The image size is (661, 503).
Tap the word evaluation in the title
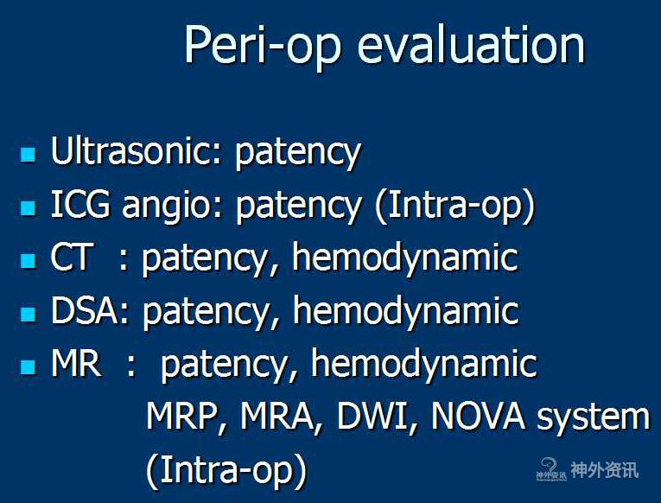[471, 43]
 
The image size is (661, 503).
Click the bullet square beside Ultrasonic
[29, 155]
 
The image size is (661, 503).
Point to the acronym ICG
[80, 204]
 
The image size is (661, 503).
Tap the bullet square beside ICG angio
[29, 207]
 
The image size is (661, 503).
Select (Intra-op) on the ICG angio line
[454, 207]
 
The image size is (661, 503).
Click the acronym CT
[71, 257]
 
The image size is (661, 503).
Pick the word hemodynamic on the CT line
[405, 259]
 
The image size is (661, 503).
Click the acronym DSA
[85, 310]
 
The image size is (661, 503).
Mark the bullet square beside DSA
[29, 314]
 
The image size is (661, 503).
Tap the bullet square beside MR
[29, 366]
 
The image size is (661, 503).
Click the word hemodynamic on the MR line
[423, 365]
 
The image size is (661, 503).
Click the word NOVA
[478, 417]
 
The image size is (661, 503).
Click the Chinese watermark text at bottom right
[604, 469]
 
